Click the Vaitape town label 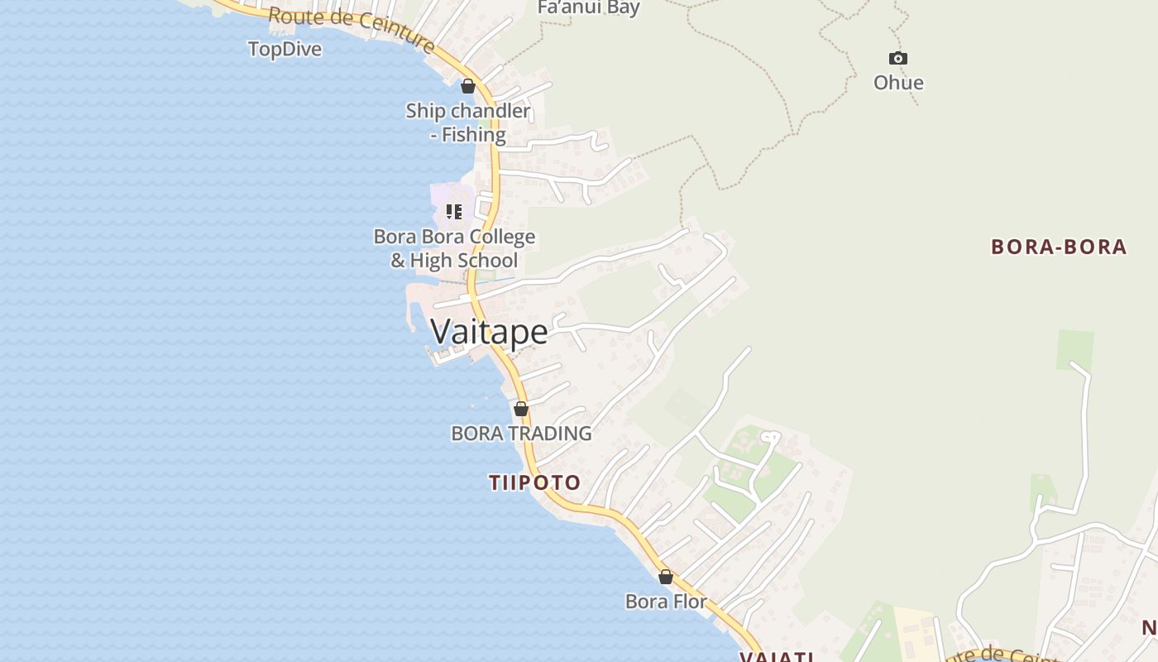pyautogui.click(x=489, y=332)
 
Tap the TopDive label pyautogui.click(x=285, y=50)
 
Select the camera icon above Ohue pyautogui.click(x=898, y=58)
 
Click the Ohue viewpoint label pyautogui.click(x=898, y=83)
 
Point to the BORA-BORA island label pyautogui.click(x=1059, y=247)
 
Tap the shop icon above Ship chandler pyautogui.click(x=468, y=86)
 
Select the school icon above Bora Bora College pyautogui.click(x=454, y=212)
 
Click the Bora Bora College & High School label pyautogui.click(x=454, y=248)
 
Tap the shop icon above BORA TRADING pyautogui.click(x=521, y=409)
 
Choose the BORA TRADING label pyautogui.click(x=521, y=434)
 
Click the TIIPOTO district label pyautogui.click(x=534, y=482)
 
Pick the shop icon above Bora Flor pyautogui.click(x=666, y=577)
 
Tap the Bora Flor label pyautogui.click(x=666, y=602)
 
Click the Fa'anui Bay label pyautogui.click(x=588, y=8)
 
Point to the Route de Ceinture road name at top pyautogui.click(x=352, y=28)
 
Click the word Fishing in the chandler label pyautogui.click(x=473, y=135)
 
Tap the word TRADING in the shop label pyautogui.click(x=550, y=434)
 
